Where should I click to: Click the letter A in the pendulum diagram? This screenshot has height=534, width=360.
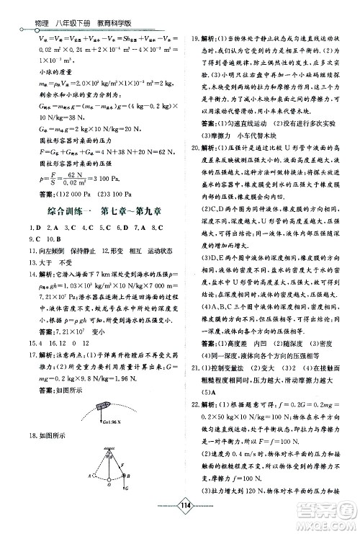[89, 476]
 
